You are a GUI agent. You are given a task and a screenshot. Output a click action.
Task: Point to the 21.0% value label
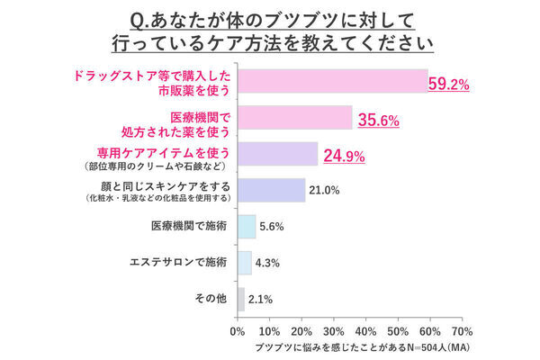[x=325, y=190]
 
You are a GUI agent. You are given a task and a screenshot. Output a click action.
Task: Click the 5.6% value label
[x=272, y=227]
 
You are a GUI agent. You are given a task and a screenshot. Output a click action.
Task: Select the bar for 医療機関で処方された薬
[x=294, y=118]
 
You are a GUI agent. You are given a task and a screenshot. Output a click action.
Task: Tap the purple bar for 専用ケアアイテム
[x=277, y=154]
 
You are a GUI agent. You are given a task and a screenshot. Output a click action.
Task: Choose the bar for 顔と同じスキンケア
[x=271, y=190]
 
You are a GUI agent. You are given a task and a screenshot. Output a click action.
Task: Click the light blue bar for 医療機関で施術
[x=247, y=227]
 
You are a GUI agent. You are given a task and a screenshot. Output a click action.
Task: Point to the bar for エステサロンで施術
[x=244, y=263]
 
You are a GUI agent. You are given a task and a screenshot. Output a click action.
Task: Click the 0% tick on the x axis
[x=238, y=330]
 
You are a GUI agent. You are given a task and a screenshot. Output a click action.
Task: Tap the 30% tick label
[x=333, y=330]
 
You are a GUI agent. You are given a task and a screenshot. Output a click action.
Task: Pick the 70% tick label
[x=462, y=330]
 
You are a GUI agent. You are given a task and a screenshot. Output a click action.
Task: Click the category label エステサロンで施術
[x=178, y=263]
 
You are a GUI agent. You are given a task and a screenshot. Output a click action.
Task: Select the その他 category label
[x=211, y=299]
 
